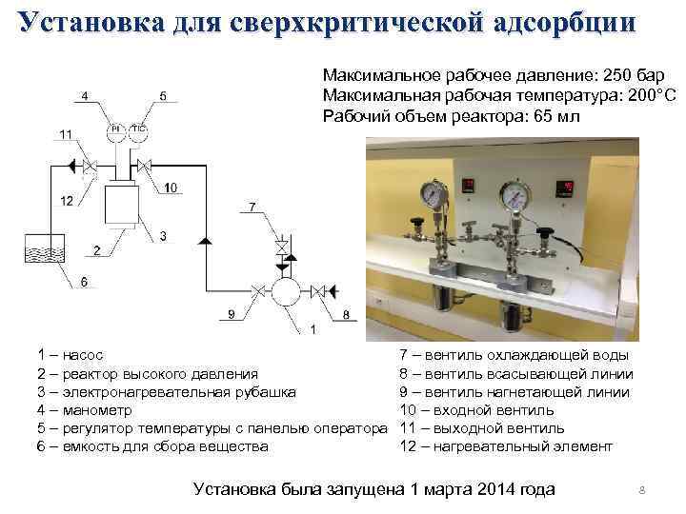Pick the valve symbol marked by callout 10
click(145, 168)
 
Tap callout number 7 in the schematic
click(252, 207)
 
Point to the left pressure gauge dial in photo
click(434, 196)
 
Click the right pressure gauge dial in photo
click(515, 195)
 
